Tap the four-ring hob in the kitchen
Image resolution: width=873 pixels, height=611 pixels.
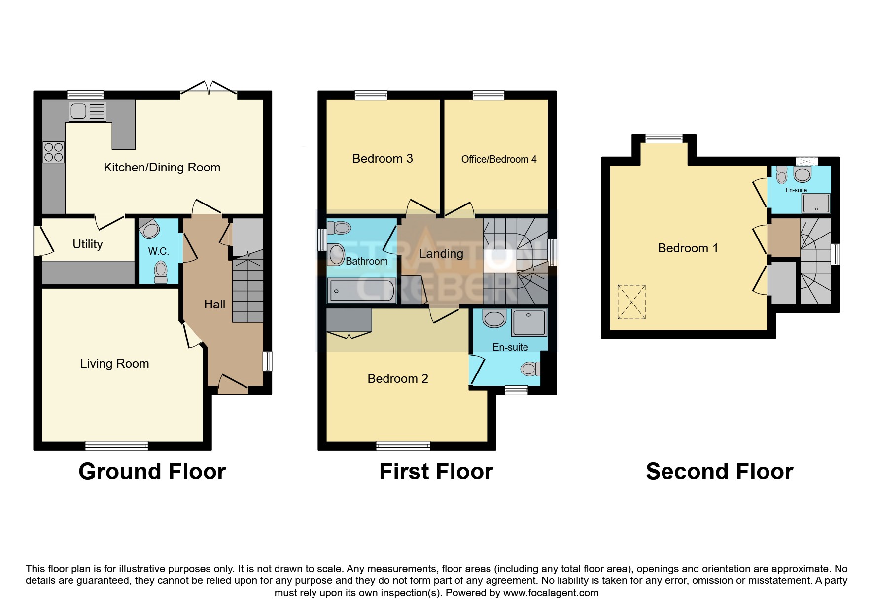click(x=54, y=152)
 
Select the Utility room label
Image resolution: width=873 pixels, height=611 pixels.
click(x=88, y=244)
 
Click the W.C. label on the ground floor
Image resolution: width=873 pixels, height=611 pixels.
click(x=159, y=251)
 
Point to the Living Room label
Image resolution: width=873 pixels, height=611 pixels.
click(x=115, y=364)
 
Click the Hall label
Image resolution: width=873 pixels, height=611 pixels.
click(x=215, y=305)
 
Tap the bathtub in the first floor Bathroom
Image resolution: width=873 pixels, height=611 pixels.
click(x=361, y=291)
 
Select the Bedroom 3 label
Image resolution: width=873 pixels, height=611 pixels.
click(x=383, y=158)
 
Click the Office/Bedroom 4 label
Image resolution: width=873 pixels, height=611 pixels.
click(x=499, y=159)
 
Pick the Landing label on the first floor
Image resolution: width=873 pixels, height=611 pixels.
click(x=441, y=254)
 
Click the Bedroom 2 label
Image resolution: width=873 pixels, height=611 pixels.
click(x=398, y=378)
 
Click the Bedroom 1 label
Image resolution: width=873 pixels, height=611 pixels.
click(x=688, y=248)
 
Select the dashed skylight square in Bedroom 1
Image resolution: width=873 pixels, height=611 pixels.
click(x=631, y=302)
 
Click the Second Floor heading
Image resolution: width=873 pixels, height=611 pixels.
click(x=719, y=472)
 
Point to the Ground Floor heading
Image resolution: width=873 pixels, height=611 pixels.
click(x=152, y=472)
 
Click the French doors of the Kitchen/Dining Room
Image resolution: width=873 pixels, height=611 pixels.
click(x=209, y=88)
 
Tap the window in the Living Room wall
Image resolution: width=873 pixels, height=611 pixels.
click(x=116, y=446)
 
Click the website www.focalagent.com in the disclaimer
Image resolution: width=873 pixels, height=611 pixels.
click(x=551, y=593)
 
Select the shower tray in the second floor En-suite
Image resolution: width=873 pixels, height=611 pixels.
click(x=816, y=203)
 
